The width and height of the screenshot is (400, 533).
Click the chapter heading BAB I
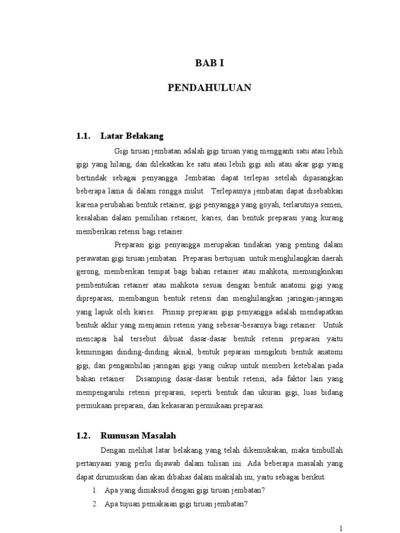(209, 64)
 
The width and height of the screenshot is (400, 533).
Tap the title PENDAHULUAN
(209, 88)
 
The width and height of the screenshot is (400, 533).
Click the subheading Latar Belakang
(132, 136)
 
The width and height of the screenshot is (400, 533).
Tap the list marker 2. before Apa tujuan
(95, 503)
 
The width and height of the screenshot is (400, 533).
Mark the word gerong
(87, 272)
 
